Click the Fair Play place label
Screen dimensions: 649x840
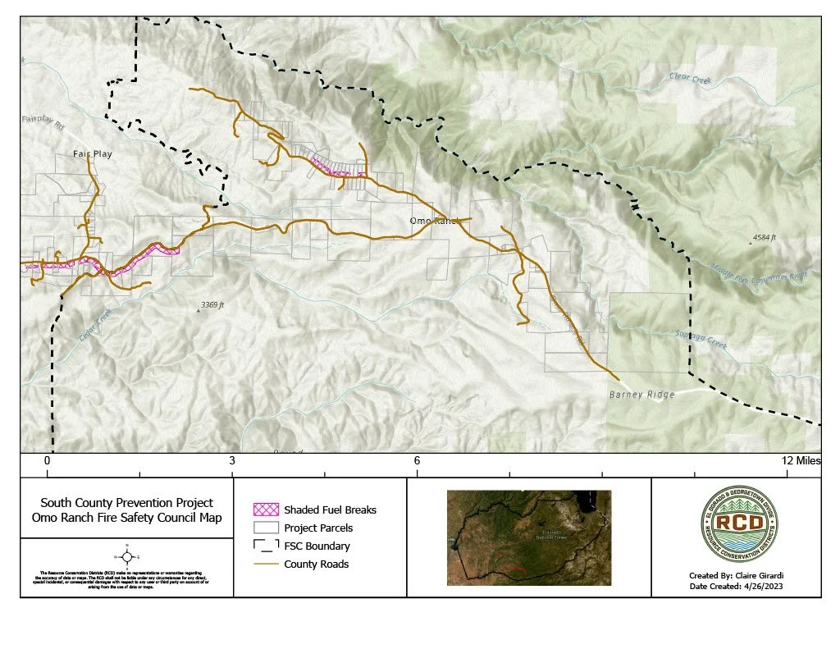pyautogui.click(x=92, y=153)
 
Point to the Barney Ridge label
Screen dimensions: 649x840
pyautogui.click(x=641, y=395)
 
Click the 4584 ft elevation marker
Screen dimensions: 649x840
pyautogui.click(x=762, y=240)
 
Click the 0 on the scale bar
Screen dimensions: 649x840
pyautogui.click(x=48, y=461)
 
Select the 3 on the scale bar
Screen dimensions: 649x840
pyautogui.click(x=232, y=461)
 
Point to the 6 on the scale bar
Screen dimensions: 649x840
pyautogui.click(x=417, y=461)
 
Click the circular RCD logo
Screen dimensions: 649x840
pyautogui.click(x=734, y=523)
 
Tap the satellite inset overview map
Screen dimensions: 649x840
pyautogui.click(x=529, y=537)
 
